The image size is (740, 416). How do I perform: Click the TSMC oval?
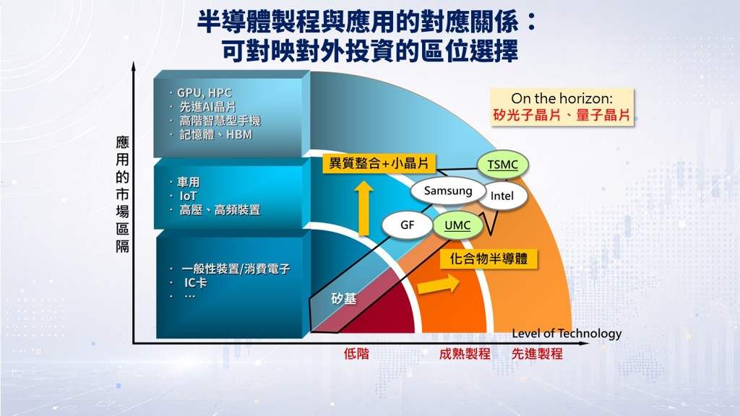503,165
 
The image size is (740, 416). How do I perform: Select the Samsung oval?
448,191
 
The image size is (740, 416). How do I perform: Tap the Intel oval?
502,196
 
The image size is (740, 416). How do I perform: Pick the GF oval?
407,225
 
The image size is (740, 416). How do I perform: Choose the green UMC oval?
457,225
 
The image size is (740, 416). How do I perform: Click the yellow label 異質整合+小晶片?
379,164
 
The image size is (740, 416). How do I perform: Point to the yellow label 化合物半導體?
489,259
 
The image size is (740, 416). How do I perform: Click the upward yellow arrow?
364,208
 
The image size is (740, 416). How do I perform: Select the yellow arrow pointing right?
439,284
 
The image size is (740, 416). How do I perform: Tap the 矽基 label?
343,298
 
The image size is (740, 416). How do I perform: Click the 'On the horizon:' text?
562,98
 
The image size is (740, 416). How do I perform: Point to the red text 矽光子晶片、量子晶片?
562,115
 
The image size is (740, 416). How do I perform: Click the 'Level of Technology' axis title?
567,334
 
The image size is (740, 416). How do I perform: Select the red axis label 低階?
356,354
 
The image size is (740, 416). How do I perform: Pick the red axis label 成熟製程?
465,354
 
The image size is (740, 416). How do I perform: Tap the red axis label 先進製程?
537,354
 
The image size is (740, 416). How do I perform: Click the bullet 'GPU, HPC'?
205,93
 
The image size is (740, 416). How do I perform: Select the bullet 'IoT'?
188,196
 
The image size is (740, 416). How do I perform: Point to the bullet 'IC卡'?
195,282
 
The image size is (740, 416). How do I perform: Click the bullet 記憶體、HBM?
215,135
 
